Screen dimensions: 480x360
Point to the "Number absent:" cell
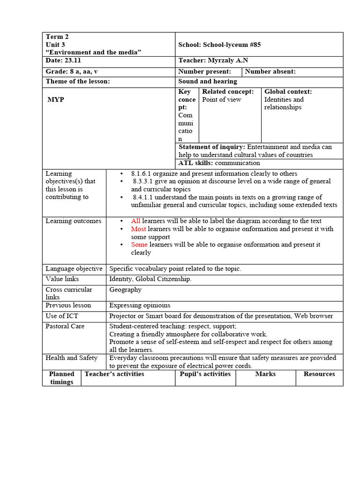270,71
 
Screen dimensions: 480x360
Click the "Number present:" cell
205,71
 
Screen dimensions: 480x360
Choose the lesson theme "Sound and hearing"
208,82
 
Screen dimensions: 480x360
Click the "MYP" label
56,99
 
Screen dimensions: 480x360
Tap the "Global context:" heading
288,92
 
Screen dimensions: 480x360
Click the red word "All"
135,221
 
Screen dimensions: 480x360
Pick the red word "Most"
138,229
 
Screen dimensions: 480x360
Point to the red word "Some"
139,244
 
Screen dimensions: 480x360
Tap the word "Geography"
125,290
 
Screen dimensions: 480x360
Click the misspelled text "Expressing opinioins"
140,305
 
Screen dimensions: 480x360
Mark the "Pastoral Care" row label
65,326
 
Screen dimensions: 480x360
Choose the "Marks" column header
265,374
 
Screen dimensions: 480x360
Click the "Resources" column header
319,374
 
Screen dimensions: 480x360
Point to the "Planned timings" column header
62,378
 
